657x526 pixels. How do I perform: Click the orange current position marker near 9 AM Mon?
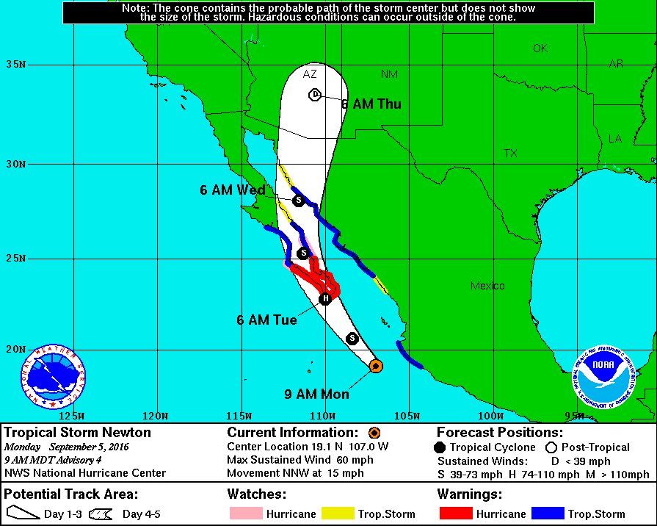pyautogui.click(x=375, y=365)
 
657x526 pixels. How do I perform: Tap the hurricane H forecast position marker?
pyautogui.click(x=325, y=298)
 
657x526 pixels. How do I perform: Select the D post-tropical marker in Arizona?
pyautogui.click(x=314, y=94)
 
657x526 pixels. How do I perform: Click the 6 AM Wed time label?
pyautogui.click(x=232, y=190)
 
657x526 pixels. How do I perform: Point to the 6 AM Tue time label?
pyautogui.click(x=266, y=320)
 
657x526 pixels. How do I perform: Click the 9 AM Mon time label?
pyautogui.click(x=316, y=394)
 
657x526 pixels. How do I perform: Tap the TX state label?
pyautogui.click(x=510, y=154)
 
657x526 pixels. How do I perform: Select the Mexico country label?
pyautogui.click(x=487, y=286)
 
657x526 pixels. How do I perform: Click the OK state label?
pyautogui.click(x=540, y=48)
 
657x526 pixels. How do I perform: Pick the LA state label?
pyautogui.click(x=614, y=138)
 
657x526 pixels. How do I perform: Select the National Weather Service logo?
pyautogui.click(x=53, y=376)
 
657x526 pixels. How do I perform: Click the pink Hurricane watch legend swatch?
pyautogui.click(x=245, y=514)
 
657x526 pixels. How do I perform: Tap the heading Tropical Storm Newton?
pyautogui.click(x=78, y=433)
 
